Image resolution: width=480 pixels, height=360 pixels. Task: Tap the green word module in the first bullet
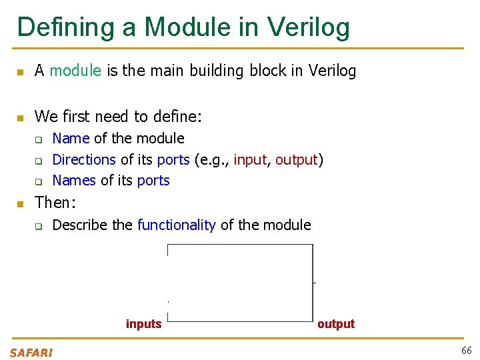[x=75, y=71]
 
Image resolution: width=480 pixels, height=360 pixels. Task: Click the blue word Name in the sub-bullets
[x=71, y=139]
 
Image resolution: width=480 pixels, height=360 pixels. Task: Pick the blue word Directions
[x=84, y=160]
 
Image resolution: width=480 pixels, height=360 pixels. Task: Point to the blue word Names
[x=74, y=181]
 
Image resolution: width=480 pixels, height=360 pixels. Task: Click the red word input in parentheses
[x=250, y=160]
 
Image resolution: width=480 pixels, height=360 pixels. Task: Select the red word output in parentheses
[x=297, y=160]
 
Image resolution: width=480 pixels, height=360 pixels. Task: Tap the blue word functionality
[x=176, y=225]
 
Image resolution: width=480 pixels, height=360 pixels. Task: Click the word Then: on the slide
[x=55, y=203]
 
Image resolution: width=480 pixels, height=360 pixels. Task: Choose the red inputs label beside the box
[x=144, y=324]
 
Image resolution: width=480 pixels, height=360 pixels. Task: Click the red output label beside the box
[x=336, y=324]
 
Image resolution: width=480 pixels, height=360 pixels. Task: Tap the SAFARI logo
[x=31, y=353]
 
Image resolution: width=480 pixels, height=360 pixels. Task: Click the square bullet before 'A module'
[x=20, y=71]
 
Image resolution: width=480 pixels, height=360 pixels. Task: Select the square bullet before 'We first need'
[x=20, y=118]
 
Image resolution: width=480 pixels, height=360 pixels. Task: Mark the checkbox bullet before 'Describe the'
[x=39, y=226]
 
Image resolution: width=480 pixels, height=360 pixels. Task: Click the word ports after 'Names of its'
[x=153, y=181]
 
